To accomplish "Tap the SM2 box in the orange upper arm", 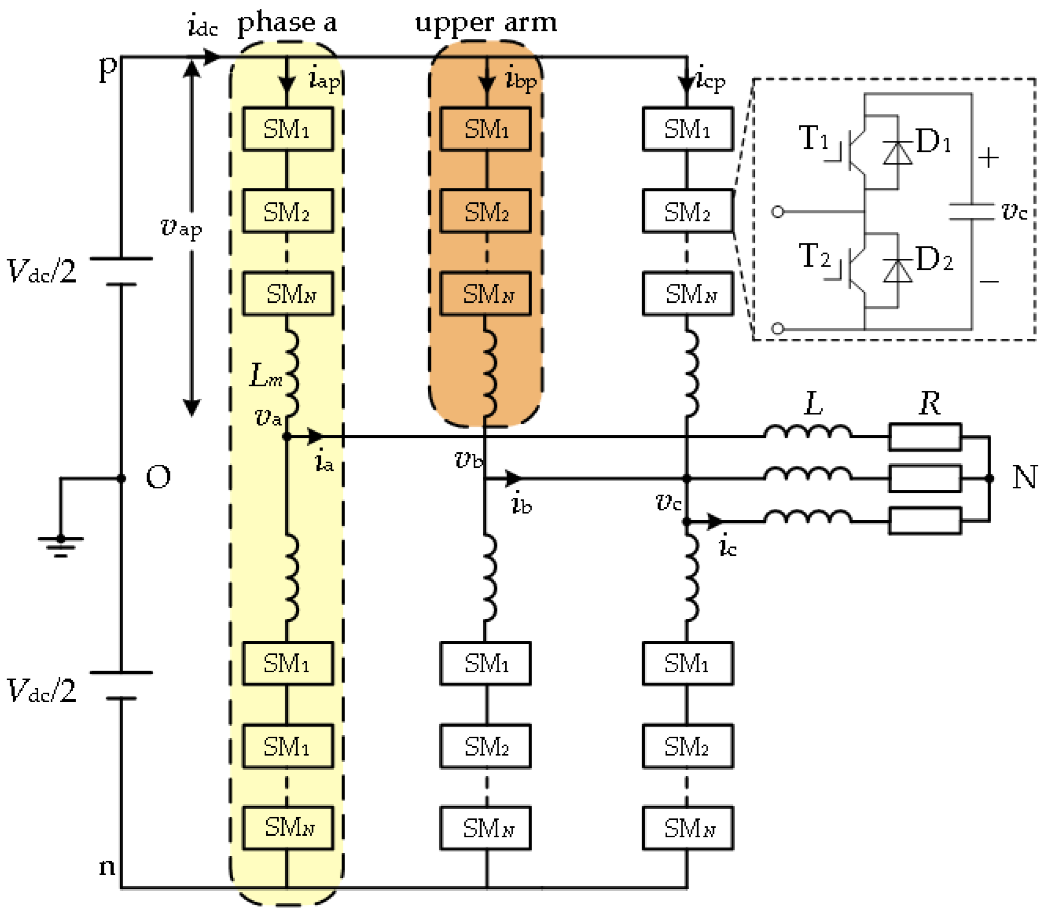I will pyautogui.click(x=486, y=212).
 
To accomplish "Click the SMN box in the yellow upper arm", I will pyautogui.click(x=288, y=294).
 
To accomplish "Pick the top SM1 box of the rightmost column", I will pyautogui.click(x=688, y=129).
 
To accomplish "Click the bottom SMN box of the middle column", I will pyautogui.click(x=486, y=828).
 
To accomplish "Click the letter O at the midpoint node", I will pyautogui.click(x=158, y=477).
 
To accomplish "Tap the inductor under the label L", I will pyautogui.click(x=807, y=433).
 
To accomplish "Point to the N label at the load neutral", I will pyautogui.click(x=1025, y=477).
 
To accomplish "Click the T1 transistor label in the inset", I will pyautogui.click(x=813, y=138).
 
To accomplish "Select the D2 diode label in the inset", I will pyautogui.click(x=933, y=259).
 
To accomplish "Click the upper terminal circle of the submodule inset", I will pyautogui.click(x=778, y=212).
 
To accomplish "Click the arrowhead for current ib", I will pyautogui.click(x=513, y=478).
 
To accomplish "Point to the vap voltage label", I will pyautogui.click(x=181, y=228).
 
